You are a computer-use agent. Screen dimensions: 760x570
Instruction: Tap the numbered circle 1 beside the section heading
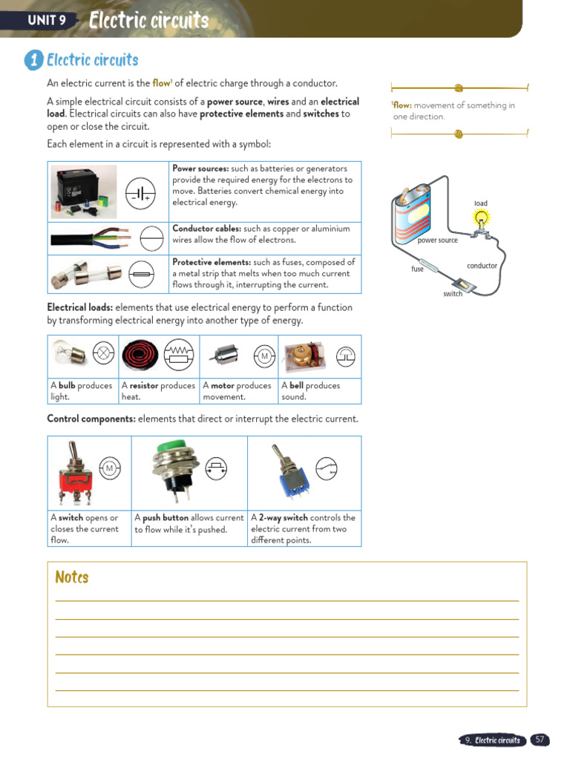(x=33, y=60)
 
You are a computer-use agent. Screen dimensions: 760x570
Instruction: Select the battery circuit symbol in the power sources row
(x=140, y=192)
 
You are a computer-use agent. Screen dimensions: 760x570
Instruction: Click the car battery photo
(x=84, y=191)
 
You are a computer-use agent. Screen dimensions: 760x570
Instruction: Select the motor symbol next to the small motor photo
(x=263, y=357)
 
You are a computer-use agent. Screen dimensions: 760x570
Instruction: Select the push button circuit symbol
(x=216, y=468)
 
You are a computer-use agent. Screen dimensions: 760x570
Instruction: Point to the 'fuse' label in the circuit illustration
(x=417, y=269)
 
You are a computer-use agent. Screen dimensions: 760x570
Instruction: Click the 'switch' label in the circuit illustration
(x=453, y=294)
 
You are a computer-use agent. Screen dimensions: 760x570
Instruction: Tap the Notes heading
(x=72, y=577)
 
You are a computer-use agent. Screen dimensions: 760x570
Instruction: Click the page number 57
(x=540, y=740)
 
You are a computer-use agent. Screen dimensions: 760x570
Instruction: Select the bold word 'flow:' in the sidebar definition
(x=402, y=105)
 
